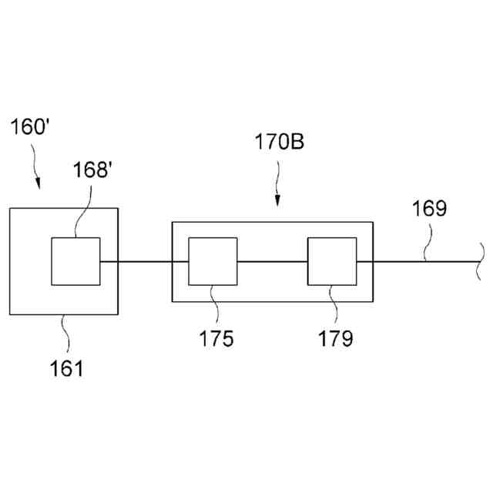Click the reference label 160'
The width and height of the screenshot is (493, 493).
[x=30, y=128]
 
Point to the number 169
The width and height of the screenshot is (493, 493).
[x=428, y=209]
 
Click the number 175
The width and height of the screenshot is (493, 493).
[x=216, y=339]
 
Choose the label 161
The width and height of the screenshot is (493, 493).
[x=67, y=369]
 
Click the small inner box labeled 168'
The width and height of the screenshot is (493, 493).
[x=75, y=262]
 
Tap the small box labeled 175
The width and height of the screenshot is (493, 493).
[x=213, y=262]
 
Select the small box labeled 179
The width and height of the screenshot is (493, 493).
[x=332, y=262]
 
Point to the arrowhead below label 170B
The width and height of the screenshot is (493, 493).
[x=277, y=202]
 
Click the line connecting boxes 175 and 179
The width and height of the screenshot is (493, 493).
[x=273, y=262]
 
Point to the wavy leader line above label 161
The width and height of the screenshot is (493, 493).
[x=65, y=333]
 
